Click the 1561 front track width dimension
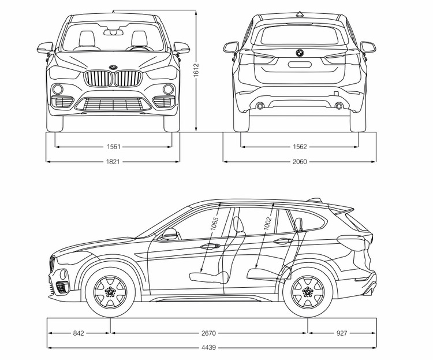[113, 147]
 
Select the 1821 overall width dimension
[113, 162]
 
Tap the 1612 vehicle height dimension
[197, 69]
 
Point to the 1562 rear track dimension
[298, 147]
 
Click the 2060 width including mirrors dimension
[298, 162]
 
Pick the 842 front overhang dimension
[79, 333]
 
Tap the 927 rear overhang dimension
[342, 333]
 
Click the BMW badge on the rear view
[299, 53]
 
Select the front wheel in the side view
[109, 291]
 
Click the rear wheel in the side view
[308, 291]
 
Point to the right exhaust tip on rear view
[339, 106]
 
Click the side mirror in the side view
[170, 233]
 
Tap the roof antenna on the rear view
[299, 13]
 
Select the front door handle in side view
[207, 247]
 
